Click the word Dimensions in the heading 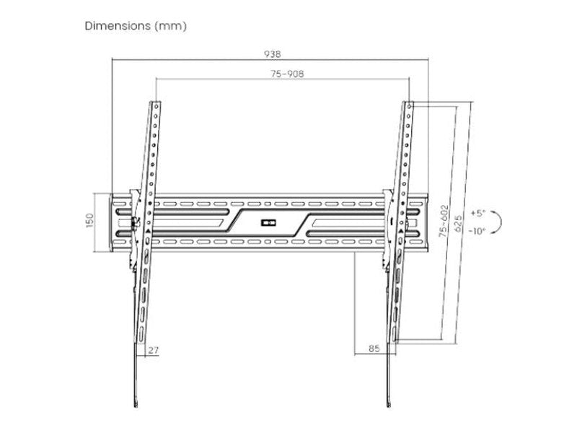[x=116, y=26]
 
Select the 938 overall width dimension [x=272, y=53]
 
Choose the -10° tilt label [x=477, y=231]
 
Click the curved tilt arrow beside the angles [x=499, y=222]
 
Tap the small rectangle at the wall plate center [x=268, y=222]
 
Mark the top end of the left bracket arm [x=156, y=104]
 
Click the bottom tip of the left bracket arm [x=136, y=401]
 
